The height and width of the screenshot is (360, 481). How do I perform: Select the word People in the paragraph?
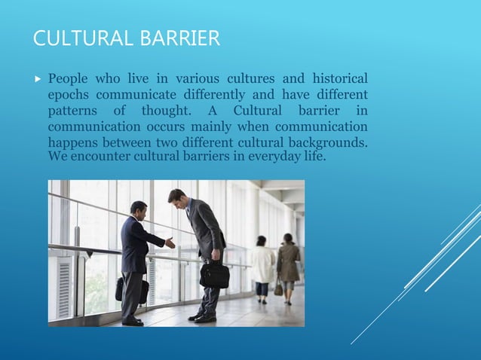coord(69,79)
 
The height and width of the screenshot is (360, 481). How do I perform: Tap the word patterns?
coord(74,111)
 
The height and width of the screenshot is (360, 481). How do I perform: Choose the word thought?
coord(166,111)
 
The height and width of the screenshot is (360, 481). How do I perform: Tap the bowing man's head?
coord(176,197)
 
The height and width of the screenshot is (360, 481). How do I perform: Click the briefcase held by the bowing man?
coord(214,274)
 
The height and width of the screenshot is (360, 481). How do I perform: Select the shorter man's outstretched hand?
coord(170,243)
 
